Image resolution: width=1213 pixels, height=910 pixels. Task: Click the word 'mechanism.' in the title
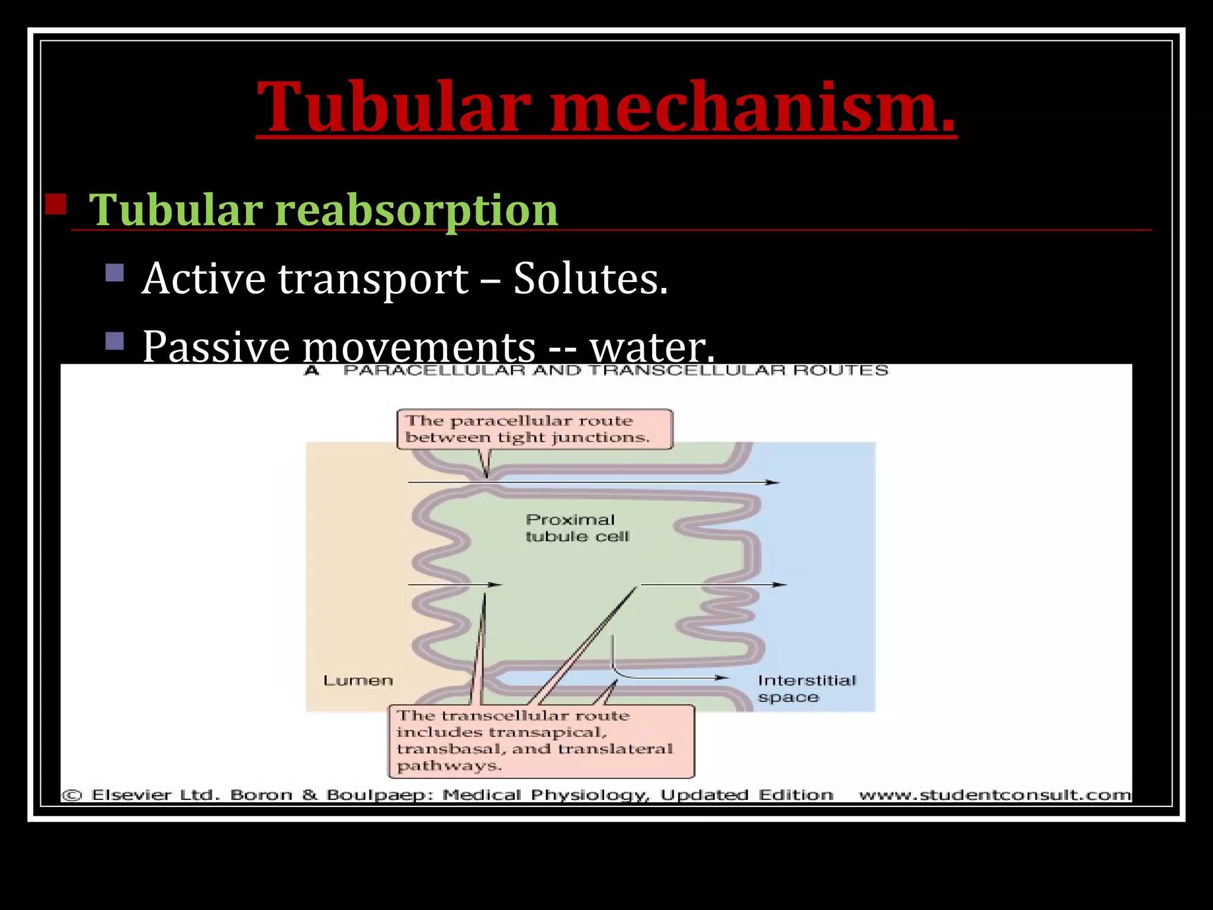pyautogui.click(x=752, y=108)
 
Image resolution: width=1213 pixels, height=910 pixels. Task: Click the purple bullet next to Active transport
pyautogui.click(x=114, y=273)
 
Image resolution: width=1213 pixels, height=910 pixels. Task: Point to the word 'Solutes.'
pyautogui.click(x=590, y=278)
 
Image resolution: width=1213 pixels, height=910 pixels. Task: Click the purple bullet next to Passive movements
pyautogui.click(x=114, y=341)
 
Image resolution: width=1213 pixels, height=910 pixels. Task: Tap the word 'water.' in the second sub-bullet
pyautogui.click(x=652, y=347)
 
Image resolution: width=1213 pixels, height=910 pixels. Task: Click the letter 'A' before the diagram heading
pyautogui.click(x=312, y=371)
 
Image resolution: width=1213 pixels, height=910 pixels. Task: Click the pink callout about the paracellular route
pyautogui.click(x=534, y=429)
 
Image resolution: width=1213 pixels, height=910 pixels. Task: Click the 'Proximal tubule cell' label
pyautogui.click(x=576, y=528)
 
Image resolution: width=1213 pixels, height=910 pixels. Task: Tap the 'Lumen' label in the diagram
pyautogui.click(x=358, y=681)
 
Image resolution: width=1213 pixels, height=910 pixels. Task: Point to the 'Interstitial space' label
pyautogui.click(x=806, y=688)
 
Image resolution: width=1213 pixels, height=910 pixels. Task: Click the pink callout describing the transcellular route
pyautogui.click(x=540, y=741)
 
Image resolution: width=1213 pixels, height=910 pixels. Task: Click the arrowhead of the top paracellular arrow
pyautogui.click(x=772, y=482)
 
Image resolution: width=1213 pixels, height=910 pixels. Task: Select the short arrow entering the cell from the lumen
pyautogui.click(x=454, y=585)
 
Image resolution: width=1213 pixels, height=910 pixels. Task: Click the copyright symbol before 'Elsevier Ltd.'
pyautogui.click(x=72, y=795)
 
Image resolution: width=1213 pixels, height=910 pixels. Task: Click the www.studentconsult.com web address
pyautogui.click(x=994, y=795)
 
